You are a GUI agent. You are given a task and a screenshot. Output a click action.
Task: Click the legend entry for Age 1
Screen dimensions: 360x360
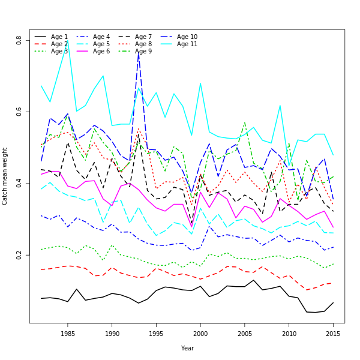click(59, 37)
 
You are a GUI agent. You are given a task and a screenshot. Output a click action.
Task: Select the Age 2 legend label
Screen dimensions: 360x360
click(59, 44)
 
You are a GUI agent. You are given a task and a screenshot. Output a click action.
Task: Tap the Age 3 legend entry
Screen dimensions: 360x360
click(59, 52)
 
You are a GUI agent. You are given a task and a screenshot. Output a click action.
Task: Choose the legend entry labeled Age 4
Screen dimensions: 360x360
click(101, 37)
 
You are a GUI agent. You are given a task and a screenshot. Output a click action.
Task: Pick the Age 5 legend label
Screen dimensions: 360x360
click(101, 44)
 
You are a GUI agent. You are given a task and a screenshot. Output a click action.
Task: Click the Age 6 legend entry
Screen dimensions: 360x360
click(101, 52)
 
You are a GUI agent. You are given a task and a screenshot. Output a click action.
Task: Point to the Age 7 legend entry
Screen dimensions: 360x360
click(143, 37)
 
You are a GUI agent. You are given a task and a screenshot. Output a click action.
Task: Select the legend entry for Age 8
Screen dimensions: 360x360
click(143, 44)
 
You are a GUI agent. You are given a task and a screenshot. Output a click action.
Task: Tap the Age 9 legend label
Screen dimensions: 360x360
click(143, 52)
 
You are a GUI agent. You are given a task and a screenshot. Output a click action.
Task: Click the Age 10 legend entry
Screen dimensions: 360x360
click(187, 37)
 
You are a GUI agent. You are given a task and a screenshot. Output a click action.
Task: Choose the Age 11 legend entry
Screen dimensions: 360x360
click(187, 44)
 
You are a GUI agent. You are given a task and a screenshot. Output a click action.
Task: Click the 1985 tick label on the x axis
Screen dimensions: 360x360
click(68, 334)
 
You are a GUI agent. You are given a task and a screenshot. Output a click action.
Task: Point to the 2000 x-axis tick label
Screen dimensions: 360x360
click(200, 334)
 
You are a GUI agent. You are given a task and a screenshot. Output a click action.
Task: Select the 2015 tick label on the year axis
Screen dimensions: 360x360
click(333, 334)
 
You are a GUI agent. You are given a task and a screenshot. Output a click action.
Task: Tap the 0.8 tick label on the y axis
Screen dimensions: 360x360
click(19, 40)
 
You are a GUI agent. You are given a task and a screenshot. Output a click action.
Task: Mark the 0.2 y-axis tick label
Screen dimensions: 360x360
click(19, 255)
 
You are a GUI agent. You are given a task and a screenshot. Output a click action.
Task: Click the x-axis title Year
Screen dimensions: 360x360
click(187, 348)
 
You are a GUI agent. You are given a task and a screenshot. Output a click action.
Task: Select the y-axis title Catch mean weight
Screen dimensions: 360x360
click(5, 176)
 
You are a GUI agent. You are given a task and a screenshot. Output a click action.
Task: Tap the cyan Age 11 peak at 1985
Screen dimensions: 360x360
click(68, 41)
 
